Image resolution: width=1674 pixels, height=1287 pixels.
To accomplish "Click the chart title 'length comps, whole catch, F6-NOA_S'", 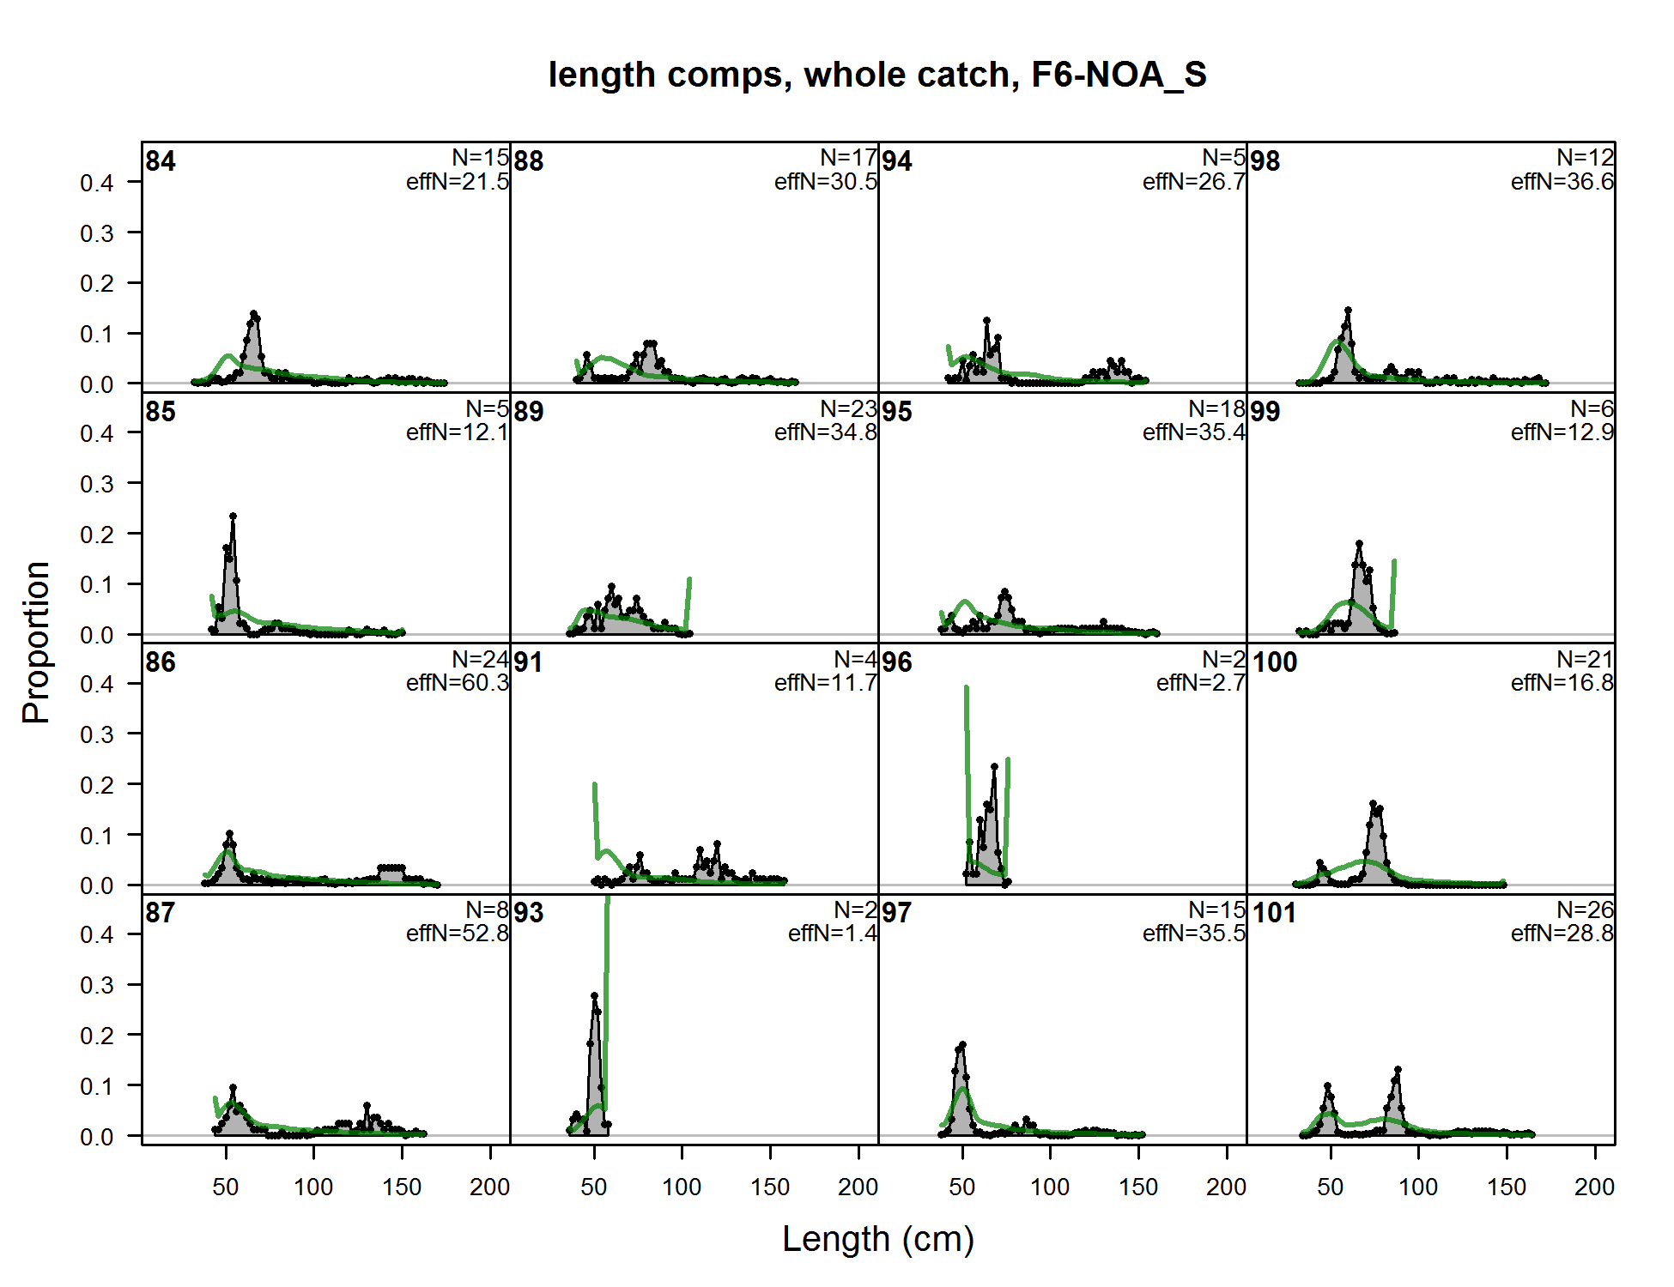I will (877, 75).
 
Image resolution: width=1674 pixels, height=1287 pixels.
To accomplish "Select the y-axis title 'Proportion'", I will (36, 642).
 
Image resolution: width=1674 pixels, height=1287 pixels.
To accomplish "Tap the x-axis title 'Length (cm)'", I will (877, 1239).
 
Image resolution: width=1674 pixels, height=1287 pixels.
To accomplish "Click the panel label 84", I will (161, 161).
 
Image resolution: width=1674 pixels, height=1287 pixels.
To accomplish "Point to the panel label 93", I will (529, 913).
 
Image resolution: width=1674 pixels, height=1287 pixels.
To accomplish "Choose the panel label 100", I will (1274, 662).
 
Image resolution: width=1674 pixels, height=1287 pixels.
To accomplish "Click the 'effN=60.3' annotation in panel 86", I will (458, 683).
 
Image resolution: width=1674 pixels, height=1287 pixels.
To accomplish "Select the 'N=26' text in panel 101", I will (1585, 909).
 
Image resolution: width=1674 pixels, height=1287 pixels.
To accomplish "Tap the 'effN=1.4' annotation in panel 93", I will (832, 934).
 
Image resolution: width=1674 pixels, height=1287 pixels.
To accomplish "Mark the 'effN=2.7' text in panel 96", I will (1200, 683).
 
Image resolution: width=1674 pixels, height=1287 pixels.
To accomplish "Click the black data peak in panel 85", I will (233, 517).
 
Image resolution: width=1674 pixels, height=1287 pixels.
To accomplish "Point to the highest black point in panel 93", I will (594, 996).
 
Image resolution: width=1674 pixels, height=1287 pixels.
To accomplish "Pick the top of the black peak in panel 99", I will (1359, 544).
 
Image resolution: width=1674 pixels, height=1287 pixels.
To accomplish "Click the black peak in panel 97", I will (962, 1045).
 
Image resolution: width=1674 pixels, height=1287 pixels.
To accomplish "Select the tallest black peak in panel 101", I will (1398, 1070).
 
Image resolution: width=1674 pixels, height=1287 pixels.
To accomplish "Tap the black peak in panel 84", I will (253, 314).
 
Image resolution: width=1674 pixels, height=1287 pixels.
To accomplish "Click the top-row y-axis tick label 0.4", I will (96, 183).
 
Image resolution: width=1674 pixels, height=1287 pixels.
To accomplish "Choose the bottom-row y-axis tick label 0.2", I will (96, 1036).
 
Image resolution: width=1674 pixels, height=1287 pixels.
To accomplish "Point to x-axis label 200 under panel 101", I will (1594, 1187).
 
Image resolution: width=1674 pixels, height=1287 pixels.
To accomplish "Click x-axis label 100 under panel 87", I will (313, 1187).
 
